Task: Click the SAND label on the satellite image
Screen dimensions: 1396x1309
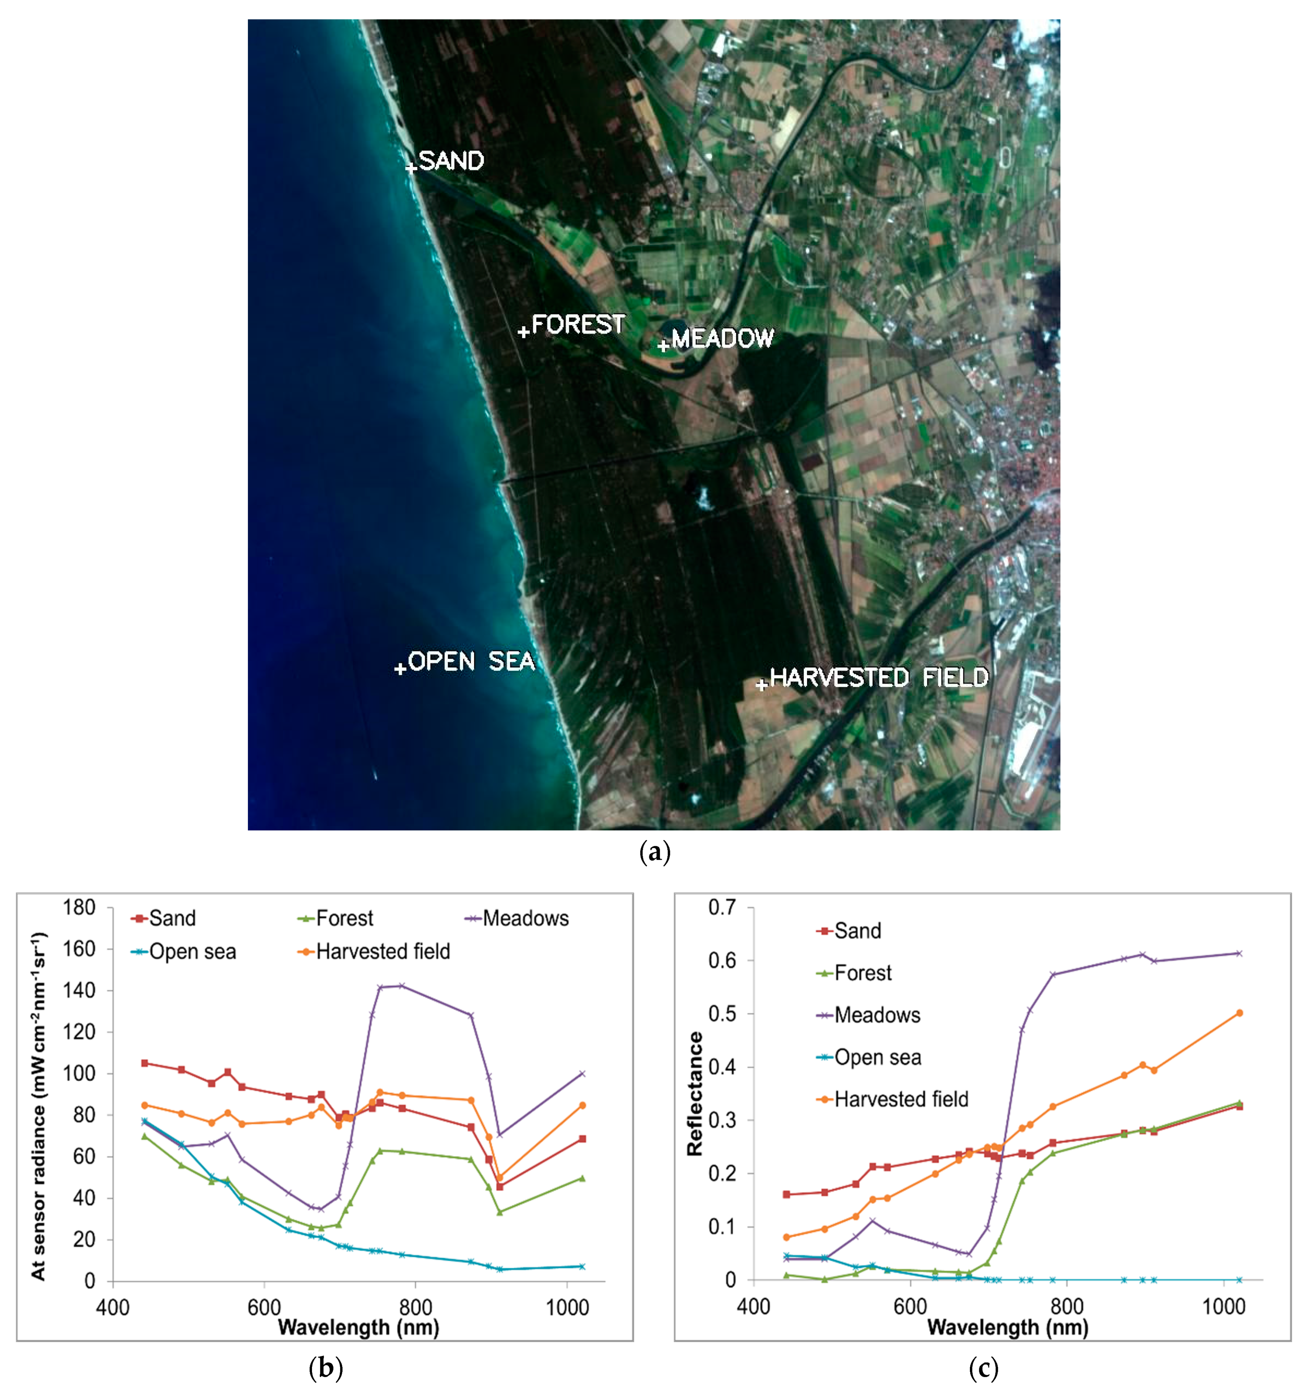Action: pos(451,161)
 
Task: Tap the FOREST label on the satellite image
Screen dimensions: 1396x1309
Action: pos(578,324)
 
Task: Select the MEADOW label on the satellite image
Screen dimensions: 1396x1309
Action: pos(723,338)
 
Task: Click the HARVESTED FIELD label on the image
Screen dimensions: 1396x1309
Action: pos(879,677)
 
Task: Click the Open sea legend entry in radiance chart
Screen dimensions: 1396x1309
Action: pos(192,951)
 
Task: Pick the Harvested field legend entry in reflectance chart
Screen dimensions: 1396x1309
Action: pos(900,1099)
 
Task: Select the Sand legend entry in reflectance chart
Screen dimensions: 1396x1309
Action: pos(857,931)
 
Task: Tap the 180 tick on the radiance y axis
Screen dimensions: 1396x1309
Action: pos(79,907)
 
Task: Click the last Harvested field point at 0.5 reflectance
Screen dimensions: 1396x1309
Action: pos(1239,1012)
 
